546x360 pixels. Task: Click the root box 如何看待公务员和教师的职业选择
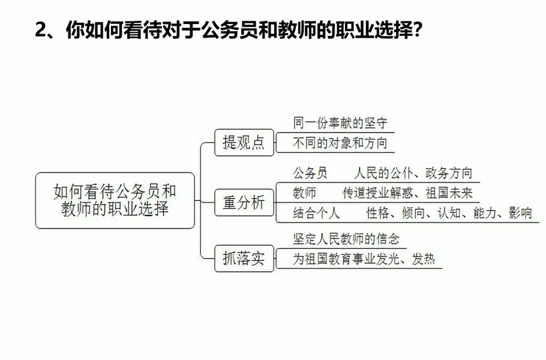tap(115, 200)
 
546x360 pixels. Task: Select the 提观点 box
tap(244, 143)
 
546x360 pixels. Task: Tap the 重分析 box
tap(244, 203)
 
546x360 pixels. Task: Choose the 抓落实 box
tap(244, 260)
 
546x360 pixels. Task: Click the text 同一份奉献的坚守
tap(340, 123)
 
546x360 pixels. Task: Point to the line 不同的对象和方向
tap(340, 143)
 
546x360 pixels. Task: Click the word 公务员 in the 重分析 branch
tap(310, 174)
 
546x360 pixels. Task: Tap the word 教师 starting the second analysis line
tap(305, 193)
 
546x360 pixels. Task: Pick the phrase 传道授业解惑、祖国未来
tap(407, 193)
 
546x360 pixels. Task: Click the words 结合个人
tap(316, 213)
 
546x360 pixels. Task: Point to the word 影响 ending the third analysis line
tap(520, 213)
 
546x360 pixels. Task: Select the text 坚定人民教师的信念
tap(346, 239)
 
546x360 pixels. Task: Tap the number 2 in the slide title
tap(41, 30)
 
